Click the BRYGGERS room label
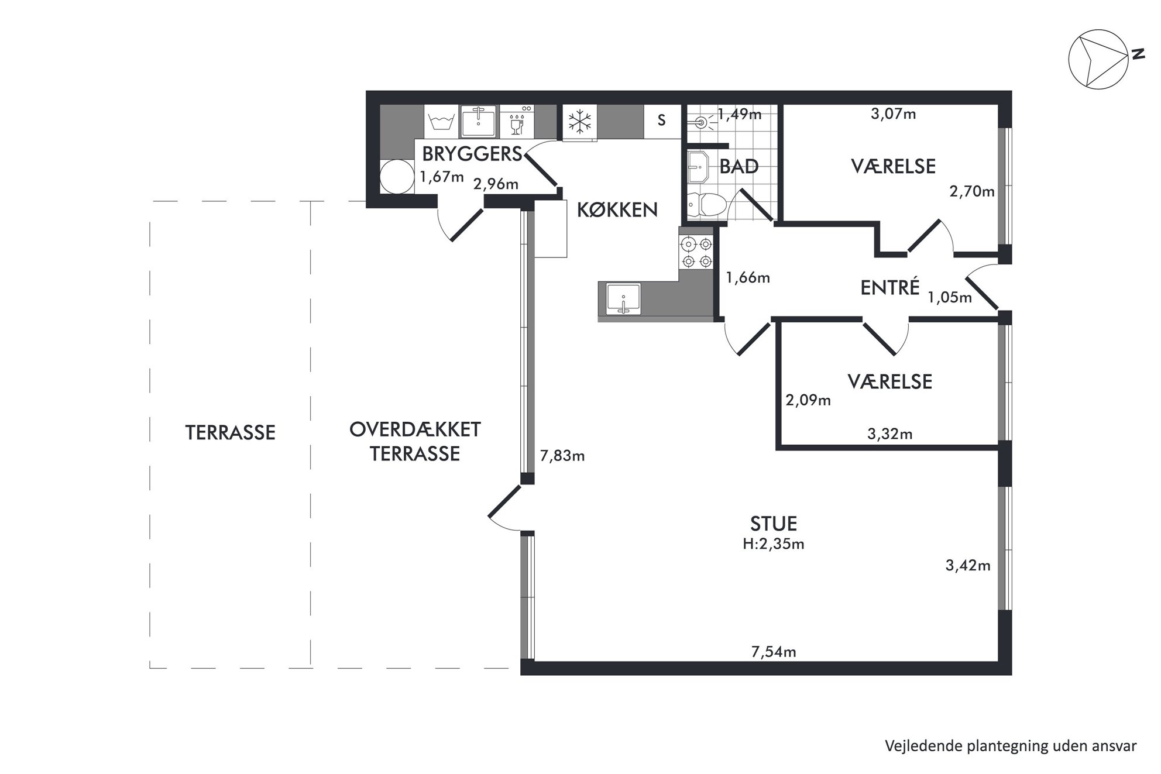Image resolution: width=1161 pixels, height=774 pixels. point(472,154)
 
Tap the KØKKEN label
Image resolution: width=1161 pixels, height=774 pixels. point(617,209)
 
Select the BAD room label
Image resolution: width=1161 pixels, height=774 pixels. point(739,167)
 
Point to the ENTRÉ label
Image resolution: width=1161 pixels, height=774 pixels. point(890,287)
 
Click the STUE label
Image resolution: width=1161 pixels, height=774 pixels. point(774,523)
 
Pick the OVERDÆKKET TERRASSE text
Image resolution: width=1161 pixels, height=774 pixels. point(415,442)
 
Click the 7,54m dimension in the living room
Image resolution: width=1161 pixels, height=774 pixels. point(774,652)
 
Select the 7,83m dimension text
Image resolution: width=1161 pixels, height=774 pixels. point(562,456)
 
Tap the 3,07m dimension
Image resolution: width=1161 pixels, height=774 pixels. point(894,114)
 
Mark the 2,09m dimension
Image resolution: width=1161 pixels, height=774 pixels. point(808,401)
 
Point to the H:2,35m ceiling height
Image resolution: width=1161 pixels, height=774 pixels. point(774,544)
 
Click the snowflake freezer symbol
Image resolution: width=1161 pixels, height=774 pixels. point(580,122)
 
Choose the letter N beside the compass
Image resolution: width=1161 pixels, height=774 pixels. point(1138,54)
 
